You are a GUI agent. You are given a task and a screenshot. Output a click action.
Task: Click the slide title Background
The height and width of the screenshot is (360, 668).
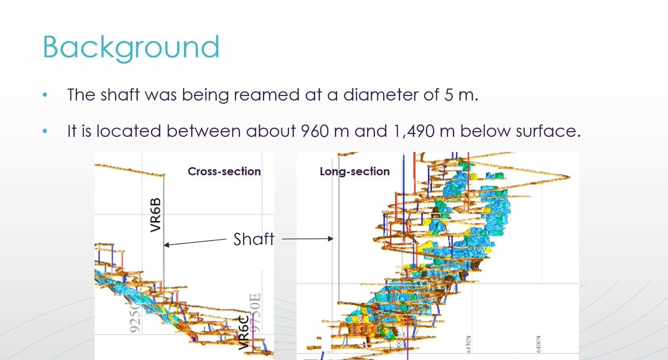(x=131, y=47)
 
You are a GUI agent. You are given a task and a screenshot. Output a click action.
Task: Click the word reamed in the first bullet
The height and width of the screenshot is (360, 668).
(x=266, y=95)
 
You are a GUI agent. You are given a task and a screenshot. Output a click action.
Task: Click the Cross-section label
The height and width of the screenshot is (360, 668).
(x=224, y=172)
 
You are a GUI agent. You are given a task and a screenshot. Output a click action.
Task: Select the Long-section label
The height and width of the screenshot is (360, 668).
(x=355, y=172)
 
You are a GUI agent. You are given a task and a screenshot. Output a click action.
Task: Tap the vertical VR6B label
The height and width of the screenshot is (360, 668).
(x=156, y=215)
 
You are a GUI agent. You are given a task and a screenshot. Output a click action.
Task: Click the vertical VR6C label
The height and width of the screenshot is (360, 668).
(x=243, y=332)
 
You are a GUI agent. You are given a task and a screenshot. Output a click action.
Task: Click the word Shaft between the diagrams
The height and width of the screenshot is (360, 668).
(x=254, y=239)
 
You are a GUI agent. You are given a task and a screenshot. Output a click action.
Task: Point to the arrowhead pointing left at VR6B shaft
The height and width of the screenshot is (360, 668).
(x=166, y=245)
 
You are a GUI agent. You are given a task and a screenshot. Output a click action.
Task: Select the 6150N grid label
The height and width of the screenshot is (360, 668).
(x=468, y=344)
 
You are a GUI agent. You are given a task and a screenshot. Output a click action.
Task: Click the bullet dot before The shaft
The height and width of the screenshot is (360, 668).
(x=45, y=95)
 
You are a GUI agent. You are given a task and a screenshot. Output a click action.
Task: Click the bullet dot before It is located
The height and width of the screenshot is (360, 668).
(x=45, y=131)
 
